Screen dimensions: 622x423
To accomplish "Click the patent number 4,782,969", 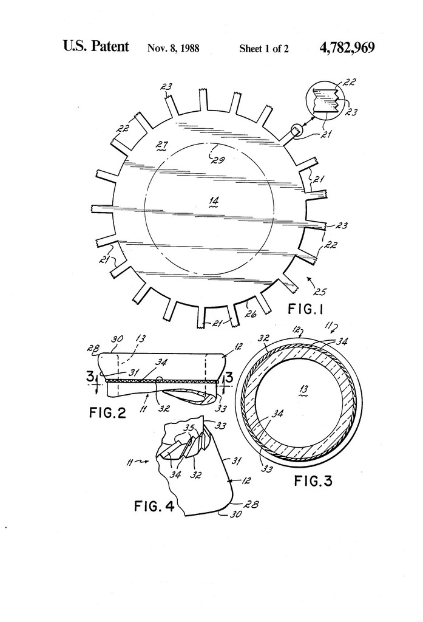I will point(346,47).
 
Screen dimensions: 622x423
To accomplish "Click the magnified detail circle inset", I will point(327,100).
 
